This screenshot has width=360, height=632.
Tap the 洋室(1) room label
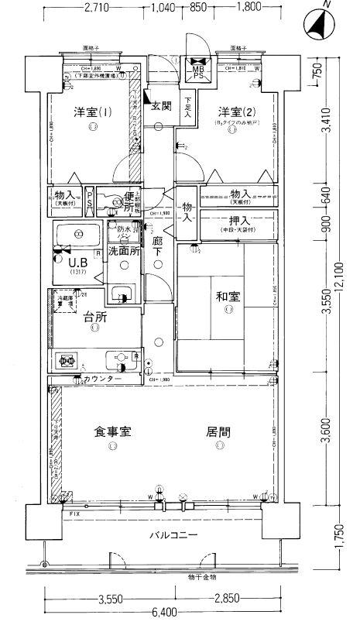(x=92, y=112)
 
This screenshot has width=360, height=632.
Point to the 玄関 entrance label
(x=161, y=105)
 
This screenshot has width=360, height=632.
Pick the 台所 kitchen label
(x=93, y=315)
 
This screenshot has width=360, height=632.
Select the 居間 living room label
(x=220, y=431)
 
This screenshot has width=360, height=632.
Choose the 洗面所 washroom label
(x=124, y=250)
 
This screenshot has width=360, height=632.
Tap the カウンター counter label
(x=104, y=379)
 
